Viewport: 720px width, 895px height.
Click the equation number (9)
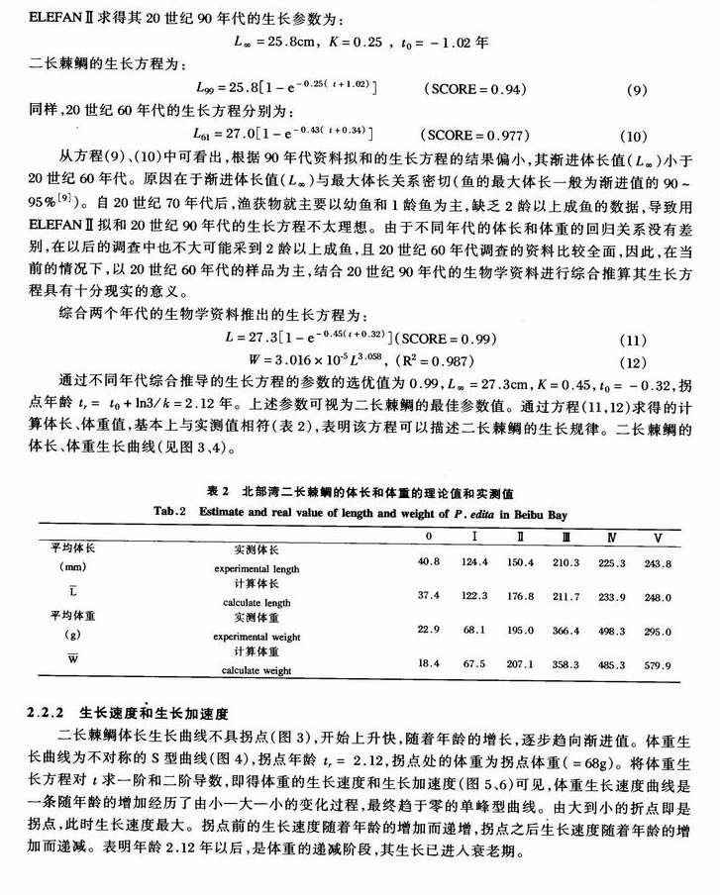click(x=636, y=90)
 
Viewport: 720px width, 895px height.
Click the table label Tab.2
click(x=169, y=512)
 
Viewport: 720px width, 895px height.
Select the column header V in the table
click(x=657, y=537)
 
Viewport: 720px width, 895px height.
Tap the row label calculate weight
click(x=256, y=670)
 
